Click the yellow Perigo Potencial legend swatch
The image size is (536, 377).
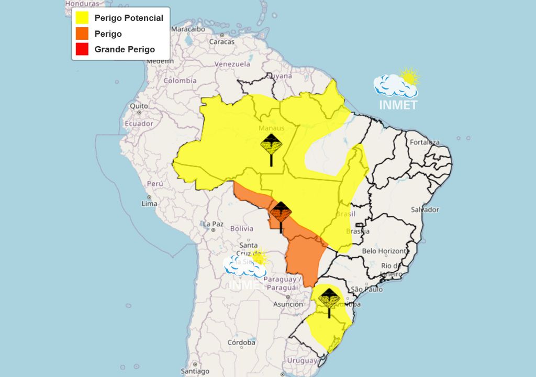click(x=82, y=18)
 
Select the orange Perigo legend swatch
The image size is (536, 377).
click(x=82, y=34)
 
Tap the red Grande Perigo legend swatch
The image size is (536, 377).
click(x=82, y=50)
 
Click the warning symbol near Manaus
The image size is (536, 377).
click(x=271, y=147)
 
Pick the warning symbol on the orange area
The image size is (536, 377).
click(x=281, y=215)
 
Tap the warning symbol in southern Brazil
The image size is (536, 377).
click(x=329, y=301)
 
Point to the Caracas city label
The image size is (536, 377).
click(x=222, y=41)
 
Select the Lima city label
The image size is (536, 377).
click(x=150, y=203)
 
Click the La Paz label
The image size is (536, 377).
click(x=213, y=224)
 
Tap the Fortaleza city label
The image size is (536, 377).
click(x=425, y=142)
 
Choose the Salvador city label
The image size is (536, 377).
click(x=425, y=209)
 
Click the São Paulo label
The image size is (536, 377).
click(x=366, y=289)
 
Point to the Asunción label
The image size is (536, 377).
click(x=288, y=304)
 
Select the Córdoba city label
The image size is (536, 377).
click(x=241, y=342)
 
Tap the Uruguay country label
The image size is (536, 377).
click(x=302, y=361)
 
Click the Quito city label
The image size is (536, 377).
click(x=139, y=106)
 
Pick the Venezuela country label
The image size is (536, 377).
click(x=232, y=64)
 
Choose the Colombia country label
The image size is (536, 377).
click(x=180, y=81)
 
